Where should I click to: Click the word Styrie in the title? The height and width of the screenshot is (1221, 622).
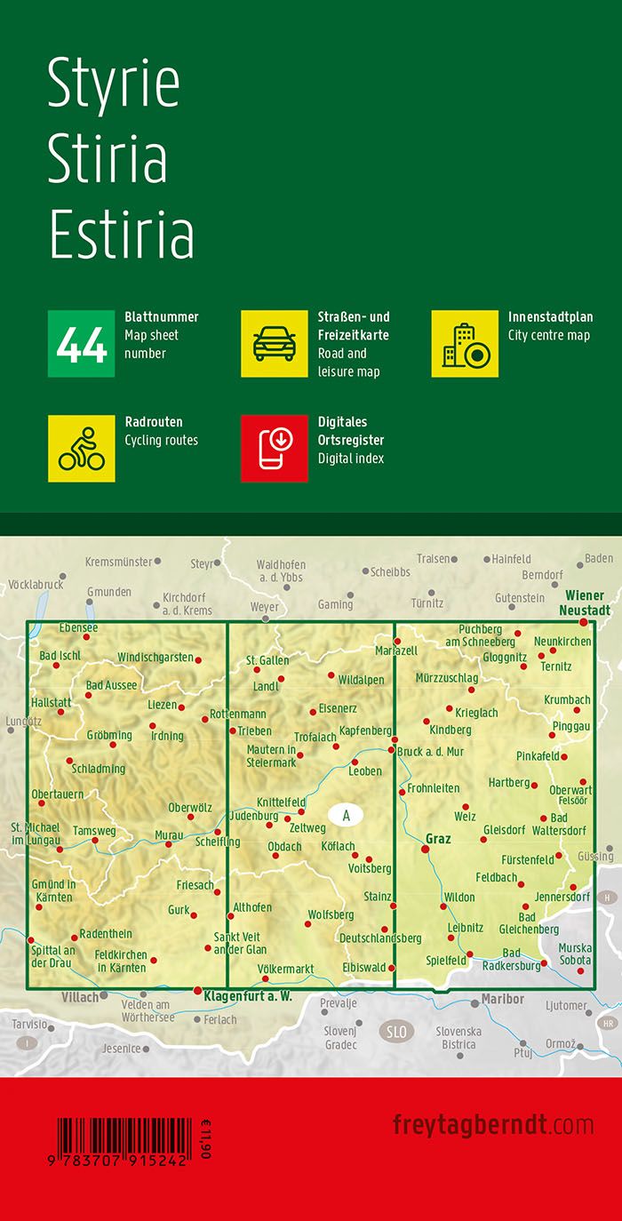click(114, 84)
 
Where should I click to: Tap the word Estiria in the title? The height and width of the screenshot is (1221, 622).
click(121, 235)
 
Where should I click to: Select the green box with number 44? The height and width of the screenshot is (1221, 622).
click(81, 344)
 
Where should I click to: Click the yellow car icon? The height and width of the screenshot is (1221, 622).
click(275, 344)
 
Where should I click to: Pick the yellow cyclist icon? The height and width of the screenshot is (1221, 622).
click(81, 449)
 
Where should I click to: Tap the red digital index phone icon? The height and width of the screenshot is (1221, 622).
click(275, 449)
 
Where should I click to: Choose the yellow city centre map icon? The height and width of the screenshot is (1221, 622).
click(465, 344)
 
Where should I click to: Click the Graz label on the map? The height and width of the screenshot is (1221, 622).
click(439, 838)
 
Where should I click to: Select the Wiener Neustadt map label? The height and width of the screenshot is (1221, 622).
click(584, 603)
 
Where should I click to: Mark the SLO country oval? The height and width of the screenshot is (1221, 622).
click(396, 1032)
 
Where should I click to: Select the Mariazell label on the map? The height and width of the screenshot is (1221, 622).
click(396, 626)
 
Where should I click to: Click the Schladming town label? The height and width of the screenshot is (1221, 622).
click(99, 769)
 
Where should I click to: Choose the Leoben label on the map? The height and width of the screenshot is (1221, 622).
click(364, 771)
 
